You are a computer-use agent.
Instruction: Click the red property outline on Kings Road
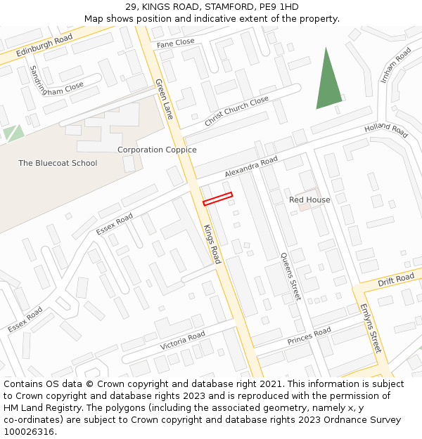(217, 199)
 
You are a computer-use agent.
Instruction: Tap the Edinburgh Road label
(44, 44)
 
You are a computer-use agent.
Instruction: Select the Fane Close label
(175, 44)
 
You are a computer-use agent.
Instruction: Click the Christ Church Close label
(236, 112)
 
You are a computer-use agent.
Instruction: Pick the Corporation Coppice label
(157, 150)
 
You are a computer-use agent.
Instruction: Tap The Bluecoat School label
(58, 163)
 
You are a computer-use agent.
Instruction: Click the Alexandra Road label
(251, 167)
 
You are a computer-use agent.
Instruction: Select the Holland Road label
(386, 131)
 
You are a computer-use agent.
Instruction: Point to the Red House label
(309, 200)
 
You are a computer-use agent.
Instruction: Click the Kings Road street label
(211, 244)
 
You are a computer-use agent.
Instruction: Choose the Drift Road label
(396, 280)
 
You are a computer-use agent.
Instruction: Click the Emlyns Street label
(370, 328)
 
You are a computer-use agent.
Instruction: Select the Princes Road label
(309, 336)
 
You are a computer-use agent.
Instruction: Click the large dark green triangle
(328, 81)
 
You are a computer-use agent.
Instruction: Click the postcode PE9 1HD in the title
(279, 7)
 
